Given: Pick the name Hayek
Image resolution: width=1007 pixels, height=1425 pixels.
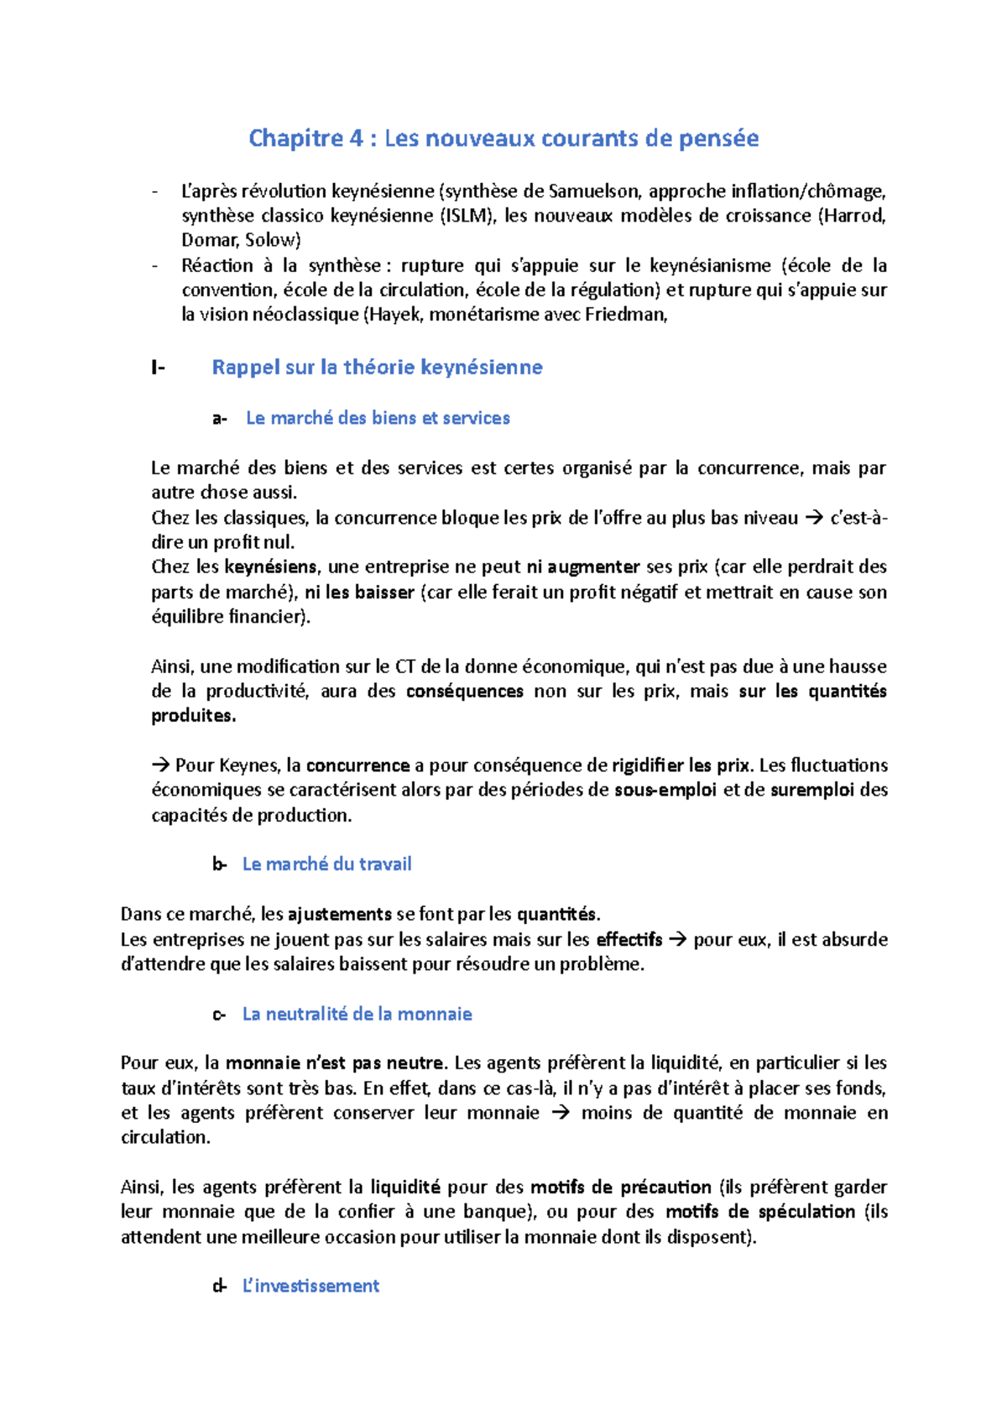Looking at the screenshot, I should point(393,315).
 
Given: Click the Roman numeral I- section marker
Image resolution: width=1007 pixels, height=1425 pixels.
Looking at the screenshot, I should point(158,368).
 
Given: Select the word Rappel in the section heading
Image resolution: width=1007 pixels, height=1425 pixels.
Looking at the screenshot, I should point(244,368).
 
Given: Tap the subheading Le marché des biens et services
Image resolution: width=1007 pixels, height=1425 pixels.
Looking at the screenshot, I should point(378,418).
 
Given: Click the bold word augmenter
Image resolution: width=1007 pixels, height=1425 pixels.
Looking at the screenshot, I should point(594,567).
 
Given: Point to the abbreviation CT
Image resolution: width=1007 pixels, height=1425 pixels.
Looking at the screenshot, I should point(404,667).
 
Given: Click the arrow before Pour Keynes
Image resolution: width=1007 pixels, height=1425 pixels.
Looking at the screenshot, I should point(160,765).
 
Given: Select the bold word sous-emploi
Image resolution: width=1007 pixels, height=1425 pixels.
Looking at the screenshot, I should point(665,791).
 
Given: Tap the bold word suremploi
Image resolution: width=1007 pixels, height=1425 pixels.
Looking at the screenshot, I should point(812,791).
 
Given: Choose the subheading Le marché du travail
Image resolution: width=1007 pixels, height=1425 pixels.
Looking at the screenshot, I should point(326,864).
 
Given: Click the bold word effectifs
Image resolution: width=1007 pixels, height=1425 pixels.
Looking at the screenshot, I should point(629,940).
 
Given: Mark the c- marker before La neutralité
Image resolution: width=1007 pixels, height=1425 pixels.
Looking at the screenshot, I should point(219,1015).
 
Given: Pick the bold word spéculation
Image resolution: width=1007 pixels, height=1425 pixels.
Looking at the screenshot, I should point(806,1212).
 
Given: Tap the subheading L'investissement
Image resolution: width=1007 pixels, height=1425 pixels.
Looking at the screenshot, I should point(310,1287).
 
